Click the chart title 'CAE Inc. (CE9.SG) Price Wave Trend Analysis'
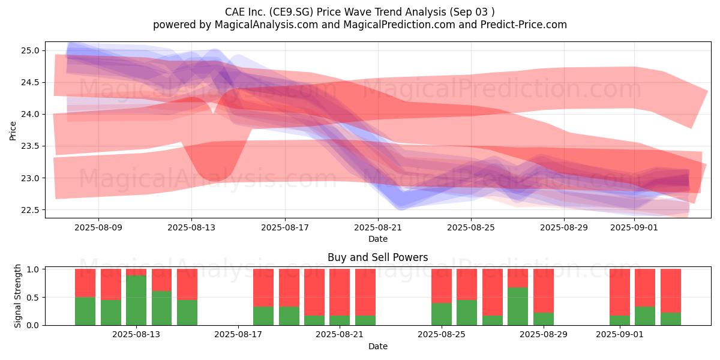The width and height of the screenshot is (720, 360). [x=335, y=12]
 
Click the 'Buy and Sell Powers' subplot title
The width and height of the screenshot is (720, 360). [x=377, y=257]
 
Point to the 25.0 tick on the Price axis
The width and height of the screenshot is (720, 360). [x=29, y=50]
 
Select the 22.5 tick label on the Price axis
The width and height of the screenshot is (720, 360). [x=29, y=210]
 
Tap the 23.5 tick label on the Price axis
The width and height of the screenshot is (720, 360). [x=29, y=146]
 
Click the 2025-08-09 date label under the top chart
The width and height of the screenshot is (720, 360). [x=98, y=227]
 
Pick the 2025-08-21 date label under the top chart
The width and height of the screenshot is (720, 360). [x=378, y=227]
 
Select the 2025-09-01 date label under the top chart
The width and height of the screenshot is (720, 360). [x=634, y=227]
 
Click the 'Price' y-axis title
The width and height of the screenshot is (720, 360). [x=13, y=131]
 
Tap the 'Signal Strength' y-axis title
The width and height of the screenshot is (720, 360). [x=17, y=296]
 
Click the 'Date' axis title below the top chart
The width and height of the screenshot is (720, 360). [x=378, y=239]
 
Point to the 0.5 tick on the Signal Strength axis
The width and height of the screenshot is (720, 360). [x=33, y=298]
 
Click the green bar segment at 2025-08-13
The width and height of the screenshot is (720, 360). [x=136, y=301]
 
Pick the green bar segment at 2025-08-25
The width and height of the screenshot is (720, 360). [x=442, y=314]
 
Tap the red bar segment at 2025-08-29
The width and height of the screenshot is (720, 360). [x=544, y=291]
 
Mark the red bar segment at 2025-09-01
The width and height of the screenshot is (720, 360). [x=620, y=292]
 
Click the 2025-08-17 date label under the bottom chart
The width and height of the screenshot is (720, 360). [x=238, y=335]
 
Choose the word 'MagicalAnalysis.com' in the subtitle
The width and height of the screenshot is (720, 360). [x=266, y=25]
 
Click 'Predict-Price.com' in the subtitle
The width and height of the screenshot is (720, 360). [x=524, y=25]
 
